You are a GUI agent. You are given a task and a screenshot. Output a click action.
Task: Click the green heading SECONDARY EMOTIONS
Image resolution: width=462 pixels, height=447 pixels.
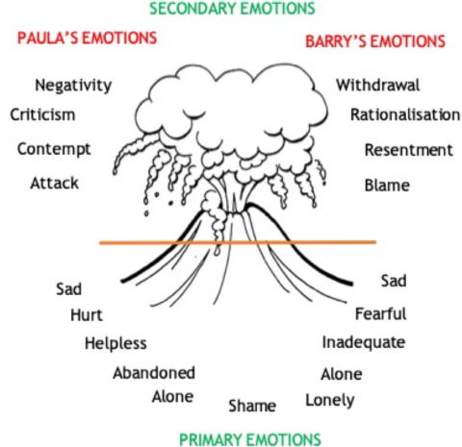pyautogui.click(x=231, y=10)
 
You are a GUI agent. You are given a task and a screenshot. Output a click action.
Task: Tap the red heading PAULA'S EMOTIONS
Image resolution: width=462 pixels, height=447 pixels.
pyautogui.click(x=87, y=38)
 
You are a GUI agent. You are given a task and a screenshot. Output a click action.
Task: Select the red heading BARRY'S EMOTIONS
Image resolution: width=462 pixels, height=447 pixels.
pyautogui.click(x=374, y=41)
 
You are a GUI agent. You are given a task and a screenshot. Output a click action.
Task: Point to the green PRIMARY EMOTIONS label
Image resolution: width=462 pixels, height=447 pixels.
pyautogui.click(x=249, y=438)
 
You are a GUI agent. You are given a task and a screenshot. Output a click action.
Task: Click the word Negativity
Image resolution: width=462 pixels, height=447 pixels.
pyautogui.click(x=73, y=86)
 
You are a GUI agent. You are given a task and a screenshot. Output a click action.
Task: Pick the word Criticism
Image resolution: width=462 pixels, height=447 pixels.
pyautogui.click(x=43, y=115)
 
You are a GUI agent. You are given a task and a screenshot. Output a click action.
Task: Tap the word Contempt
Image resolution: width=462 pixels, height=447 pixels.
pyautogui.click(x=54, y=149)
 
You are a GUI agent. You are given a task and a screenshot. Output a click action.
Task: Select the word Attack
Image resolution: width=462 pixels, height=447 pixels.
pyautogui.click(x=54, y=182)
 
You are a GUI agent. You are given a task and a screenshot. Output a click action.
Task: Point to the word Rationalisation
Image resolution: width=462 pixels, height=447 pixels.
pyautogui.click(x=405, y=115)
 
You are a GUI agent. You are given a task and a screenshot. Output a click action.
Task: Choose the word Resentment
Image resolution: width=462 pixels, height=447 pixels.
pyautogui.click(x=408, y=150)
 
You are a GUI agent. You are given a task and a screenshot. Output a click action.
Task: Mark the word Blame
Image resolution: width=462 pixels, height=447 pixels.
pyautogui.click(x=387, y=185)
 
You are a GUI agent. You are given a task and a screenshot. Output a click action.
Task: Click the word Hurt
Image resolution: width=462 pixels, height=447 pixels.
pyautogui.click(x=86, y=315)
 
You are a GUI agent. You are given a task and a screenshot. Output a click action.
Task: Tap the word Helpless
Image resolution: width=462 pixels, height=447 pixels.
pyautogui.click(x=115, y=343)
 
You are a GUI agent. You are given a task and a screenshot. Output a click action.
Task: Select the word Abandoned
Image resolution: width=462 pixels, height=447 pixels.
pyautogui.click(x=154, y=373)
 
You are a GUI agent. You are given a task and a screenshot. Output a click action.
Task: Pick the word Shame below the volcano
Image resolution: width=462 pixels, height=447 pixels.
pyautogui.click(x=252, y=406)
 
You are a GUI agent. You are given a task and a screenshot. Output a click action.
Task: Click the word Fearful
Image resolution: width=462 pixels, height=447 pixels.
pyautogui.click(x=380, y=313)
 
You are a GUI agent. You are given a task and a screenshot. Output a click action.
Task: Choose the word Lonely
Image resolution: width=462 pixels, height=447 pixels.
pyautogui.click(x=329, y=400)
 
